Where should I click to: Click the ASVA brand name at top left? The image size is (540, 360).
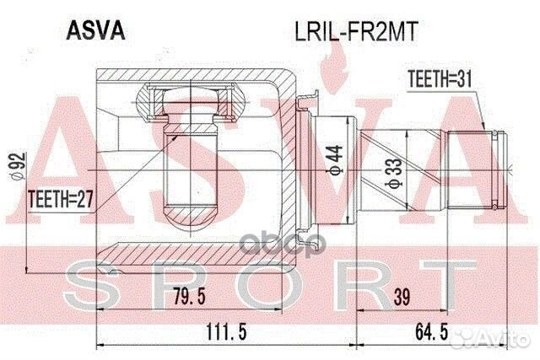[x=94, y=30]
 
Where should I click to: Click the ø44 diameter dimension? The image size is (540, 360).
[x=334, y=157]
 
